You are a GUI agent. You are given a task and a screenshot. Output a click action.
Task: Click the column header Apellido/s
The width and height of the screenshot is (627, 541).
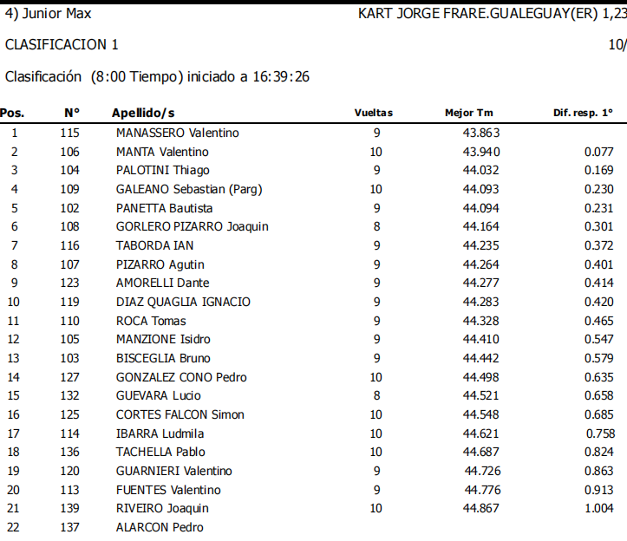click(x=143, y=113)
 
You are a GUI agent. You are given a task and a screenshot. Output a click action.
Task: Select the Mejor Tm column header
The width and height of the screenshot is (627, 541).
click(x=469, y=113)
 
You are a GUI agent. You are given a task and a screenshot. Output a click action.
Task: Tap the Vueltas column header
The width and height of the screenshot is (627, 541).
click(x=373, y=113)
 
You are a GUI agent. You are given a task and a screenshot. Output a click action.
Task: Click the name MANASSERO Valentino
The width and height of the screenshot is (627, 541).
click(x=177, y=133)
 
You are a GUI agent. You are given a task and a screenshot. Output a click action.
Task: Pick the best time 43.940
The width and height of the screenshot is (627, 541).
click(x=480, y=152)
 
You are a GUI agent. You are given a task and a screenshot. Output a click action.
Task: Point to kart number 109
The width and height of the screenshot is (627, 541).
click(x=70, y=189)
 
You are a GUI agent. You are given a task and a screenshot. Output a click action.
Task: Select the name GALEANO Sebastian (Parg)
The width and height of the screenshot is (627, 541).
click(x=189, y=189)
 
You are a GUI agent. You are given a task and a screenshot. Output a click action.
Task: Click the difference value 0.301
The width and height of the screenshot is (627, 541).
click(x=598, y=227)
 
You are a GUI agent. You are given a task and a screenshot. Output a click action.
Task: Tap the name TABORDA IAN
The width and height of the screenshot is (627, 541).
click(x=155, y=245)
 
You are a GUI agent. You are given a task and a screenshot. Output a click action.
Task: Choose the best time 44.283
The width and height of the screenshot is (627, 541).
click(x=480, y=302)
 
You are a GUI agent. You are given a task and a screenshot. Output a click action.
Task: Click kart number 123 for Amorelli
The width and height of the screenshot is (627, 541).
click(x=70, y=283)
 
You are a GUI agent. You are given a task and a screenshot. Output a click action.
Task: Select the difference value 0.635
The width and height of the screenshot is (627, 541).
click(x=598, y=377)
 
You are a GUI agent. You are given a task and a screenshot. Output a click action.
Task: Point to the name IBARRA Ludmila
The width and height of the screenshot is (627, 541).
click(x=160, y=433)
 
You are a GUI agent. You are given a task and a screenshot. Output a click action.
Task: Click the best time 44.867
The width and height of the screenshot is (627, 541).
click(x=480, y=509)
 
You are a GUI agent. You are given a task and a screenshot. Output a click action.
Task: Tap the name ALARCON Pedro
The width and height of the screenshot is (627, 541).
click(x=160, y=527)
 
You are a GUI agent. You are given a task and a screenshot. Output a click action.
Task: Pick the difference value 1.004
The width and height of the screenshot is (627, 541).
click(x=598, y=509)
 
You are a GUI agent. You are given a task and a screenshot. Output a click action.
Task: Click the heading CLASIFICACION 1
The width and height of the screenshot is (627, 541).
click(x=62, y=44)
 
